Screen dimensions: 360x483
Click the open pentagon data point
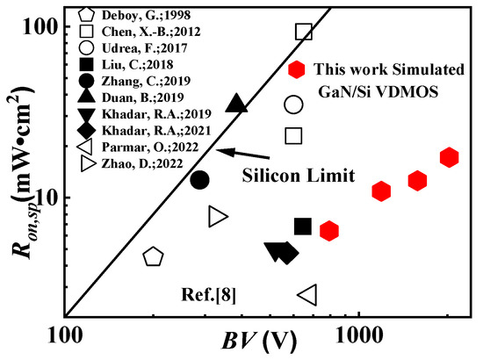153,256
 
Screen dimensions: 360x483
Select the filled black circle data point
199,179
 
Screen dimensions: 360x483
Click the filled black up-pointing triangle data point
236,104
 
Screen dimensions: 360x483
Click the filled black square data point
303,227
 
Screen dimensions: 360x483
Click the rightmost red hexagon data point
450,158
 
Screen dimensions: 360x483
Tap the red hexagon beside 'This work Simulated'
297,69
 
